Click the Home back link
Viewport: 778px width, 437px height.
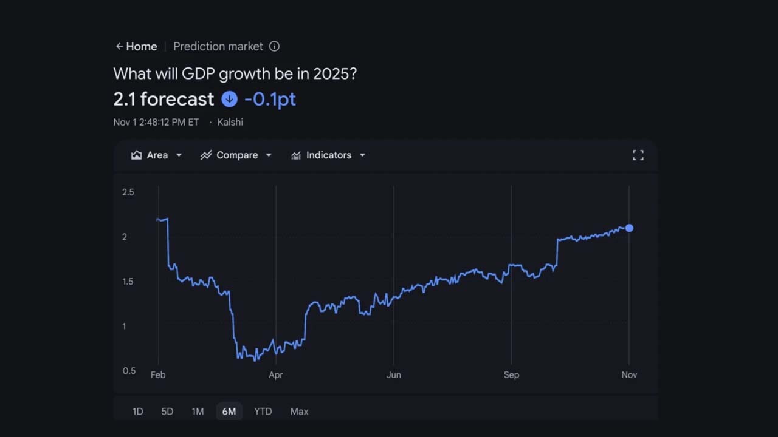(x=136, y=47)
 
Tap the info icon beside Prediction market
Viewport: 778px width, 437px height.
(x=274, y=46)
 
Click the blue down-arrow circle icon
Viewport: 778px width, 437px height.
(x=229, y=99)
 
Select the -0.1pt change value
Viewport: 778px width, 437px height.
(x=270, y=99)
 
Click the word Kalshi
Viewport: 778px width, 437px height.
(x=230, y=122)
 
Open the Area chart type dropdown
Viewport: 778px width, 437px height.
(x=156, y=155)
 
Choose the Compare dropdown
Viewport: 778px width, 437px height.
(x=236, y=155)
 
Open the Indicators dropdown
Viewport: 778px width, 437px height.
(x=328, y=155)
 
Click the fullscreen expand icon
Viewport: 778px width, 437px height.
(x=638, y=155)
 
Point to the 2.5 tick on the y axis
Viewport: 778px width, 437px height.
(x=128, y=192)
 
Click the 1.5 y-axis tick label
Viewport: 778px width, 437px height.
(x=128, y=282)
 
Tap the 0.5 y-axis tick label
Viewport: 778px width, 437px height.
(x=128, y=371)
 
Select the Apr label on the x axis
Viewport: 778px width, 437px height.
(x=276, y=375)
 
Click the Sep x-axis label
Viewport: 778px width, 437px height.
(x=511, y=375)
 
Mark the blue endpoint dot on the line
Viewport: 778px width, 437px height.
(x=629, y=228)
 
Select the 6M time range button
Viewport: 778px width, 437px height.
(x=229, y=412)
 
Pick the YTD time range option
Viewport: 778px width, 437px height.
(x=263, y=412)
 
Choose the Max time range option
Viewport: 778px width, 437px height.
(x=299, y=412)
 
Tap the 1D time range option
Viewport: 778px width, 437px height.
(x=138, y=412)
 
